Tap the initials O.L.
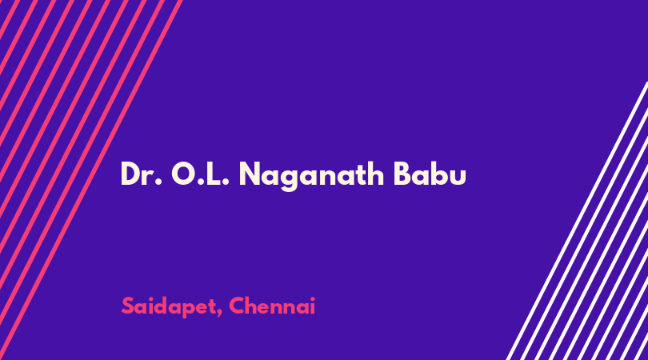coord(201,174)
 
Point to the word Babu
coord(430,174)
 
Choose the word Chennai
coord(272,306)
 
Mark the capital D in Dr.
coord(130,174)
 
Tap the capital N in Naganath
coord(250,174)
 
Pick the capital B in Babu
coord(402,174)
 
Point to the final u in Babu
coord(458,178)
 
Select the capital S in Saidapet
coord(129,306)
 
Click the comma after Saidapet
coord(218,314)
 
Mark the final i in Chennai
coord(313,306)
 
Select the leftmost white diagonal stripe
coord(577,221)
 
